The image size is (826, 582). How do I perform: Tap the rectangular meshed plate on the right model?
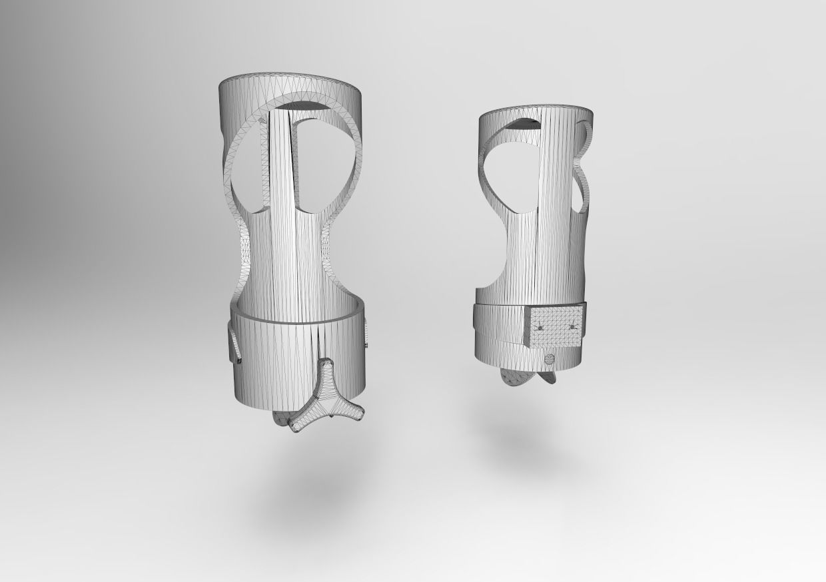556,326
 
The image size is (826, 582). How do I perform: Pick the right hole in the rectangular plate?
572,327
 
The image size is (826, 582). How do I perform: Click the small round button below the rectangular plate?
550,360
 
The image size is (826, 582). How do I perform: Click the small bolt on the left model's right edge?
366,346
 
